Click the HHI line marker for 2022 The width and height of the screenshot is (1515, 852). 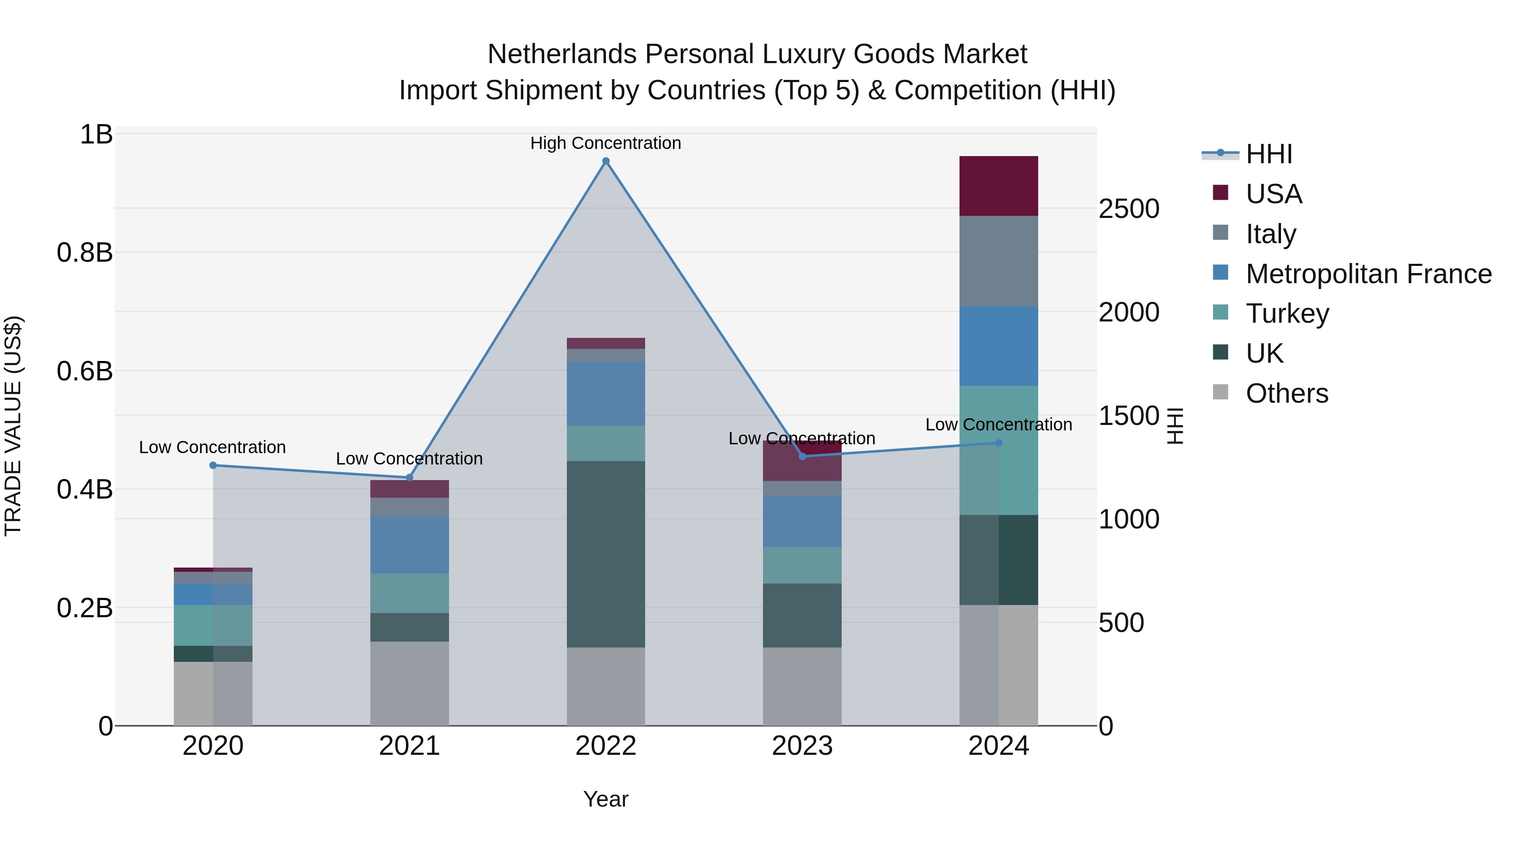(x=606, y=161)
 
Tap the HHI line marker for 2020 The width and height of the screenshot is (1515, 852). (x=213, y=465)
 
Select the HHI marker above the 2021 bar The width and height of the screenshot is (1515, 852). (x=410, y=478)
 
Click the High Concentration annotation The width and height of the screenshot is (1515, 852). (x=605, y=143)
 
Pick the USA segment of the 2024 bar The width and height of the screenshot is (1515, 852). (x=998, y=186)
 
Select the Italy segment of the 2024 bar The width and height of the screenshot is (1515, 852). (x=998, y=260)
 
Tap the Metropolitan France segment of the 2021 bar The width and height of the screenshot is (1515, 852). (x=409, y=544)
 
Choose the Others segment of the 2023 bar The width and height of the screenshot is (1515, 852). (x=802, y=686)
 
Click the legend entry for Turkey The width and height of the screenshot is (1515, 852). (x=1287, y=313)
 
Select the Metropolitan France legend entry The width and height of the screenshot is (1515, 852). (x=1368, y=274)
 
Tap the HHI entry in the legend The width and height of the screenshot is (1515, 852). (x=1268, y=154)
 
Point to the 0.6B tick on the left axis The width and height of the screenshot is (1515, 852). (x=85, y=371)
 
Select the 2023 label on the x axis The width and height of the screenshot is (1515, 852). (x=802, y=746)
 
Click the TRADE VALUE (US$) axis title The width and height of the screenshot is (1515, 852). (x=13, y=426)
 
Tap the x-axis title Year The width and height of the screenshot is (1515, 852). (x=605, y=799)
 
